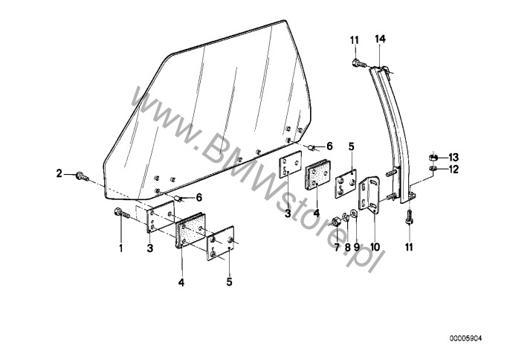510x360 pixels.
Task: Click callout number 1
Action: tap(121, 248)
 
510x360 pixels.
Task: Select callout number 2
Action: tap(59, 173)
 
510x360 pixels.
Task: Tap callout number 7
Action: tap(337, 247)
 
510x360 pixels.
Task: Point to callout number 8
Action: tap(347, 247)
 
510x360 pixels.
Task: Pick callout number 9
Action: tap(357, 247)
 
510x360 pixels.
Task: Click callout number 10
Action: tap(375, 247)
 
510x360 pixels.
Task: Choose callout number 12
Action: tap(453, 170)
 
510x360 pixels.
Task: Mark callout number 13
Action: tap(453, 158)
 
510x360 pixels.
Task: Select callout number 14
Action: tap(380, 39)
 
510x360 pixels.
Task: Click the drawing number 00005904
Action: tap(465, 339)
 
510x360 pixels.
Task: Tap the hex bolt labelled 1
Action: tap(122, 213)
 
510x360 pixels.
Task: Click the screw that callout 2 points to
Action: tap(83, 177)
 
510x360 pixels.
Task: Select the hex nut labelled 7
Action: tap(335, 222)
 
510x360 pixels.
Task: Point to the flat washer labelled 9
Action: tap(354, 214)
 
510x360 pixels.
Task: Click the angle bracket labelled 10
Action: tap(369, 193)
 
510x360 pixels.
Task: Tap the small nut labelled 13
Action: tap(433, 158)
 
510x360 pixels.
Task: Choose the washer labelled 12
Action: tap(433, 168)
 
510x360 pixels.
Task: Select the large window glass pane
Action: tap(208, 111)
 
